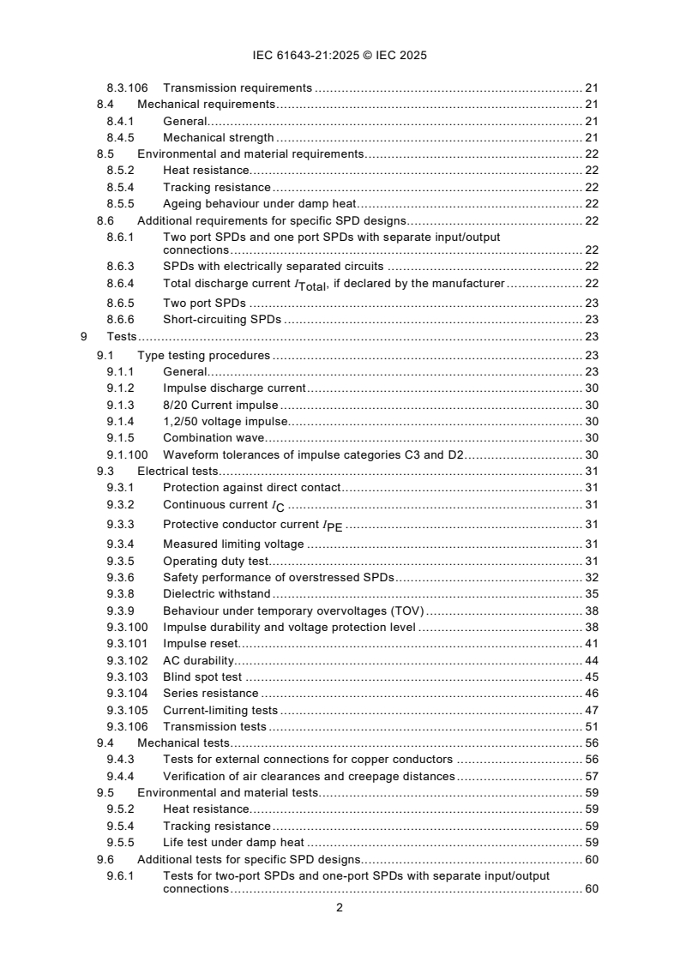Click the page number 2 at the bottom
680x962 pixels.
(340, 908)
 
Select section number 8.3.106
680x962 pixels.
(127, 87)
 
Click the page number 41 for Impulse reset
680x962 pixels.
(591, 643)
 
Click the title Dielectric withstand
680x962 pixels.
(216, 593)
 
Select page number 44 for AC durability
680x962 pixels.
(591, 660)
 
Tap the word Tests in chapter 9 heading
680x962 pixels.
(122, 337)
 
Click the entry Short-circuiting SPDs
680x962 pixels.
(222, 320)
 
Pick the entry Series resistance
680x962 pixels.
(210, 693)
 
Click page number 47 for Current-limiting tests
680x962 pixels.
(591, 710)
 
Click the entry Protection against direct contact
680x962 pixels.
(252, 487)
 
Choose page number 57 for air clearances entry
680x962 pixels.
(591, 776)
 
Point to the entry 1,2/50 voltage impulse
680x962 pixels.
(226, 421)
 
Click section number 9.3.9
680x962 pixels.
(121, 610)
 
